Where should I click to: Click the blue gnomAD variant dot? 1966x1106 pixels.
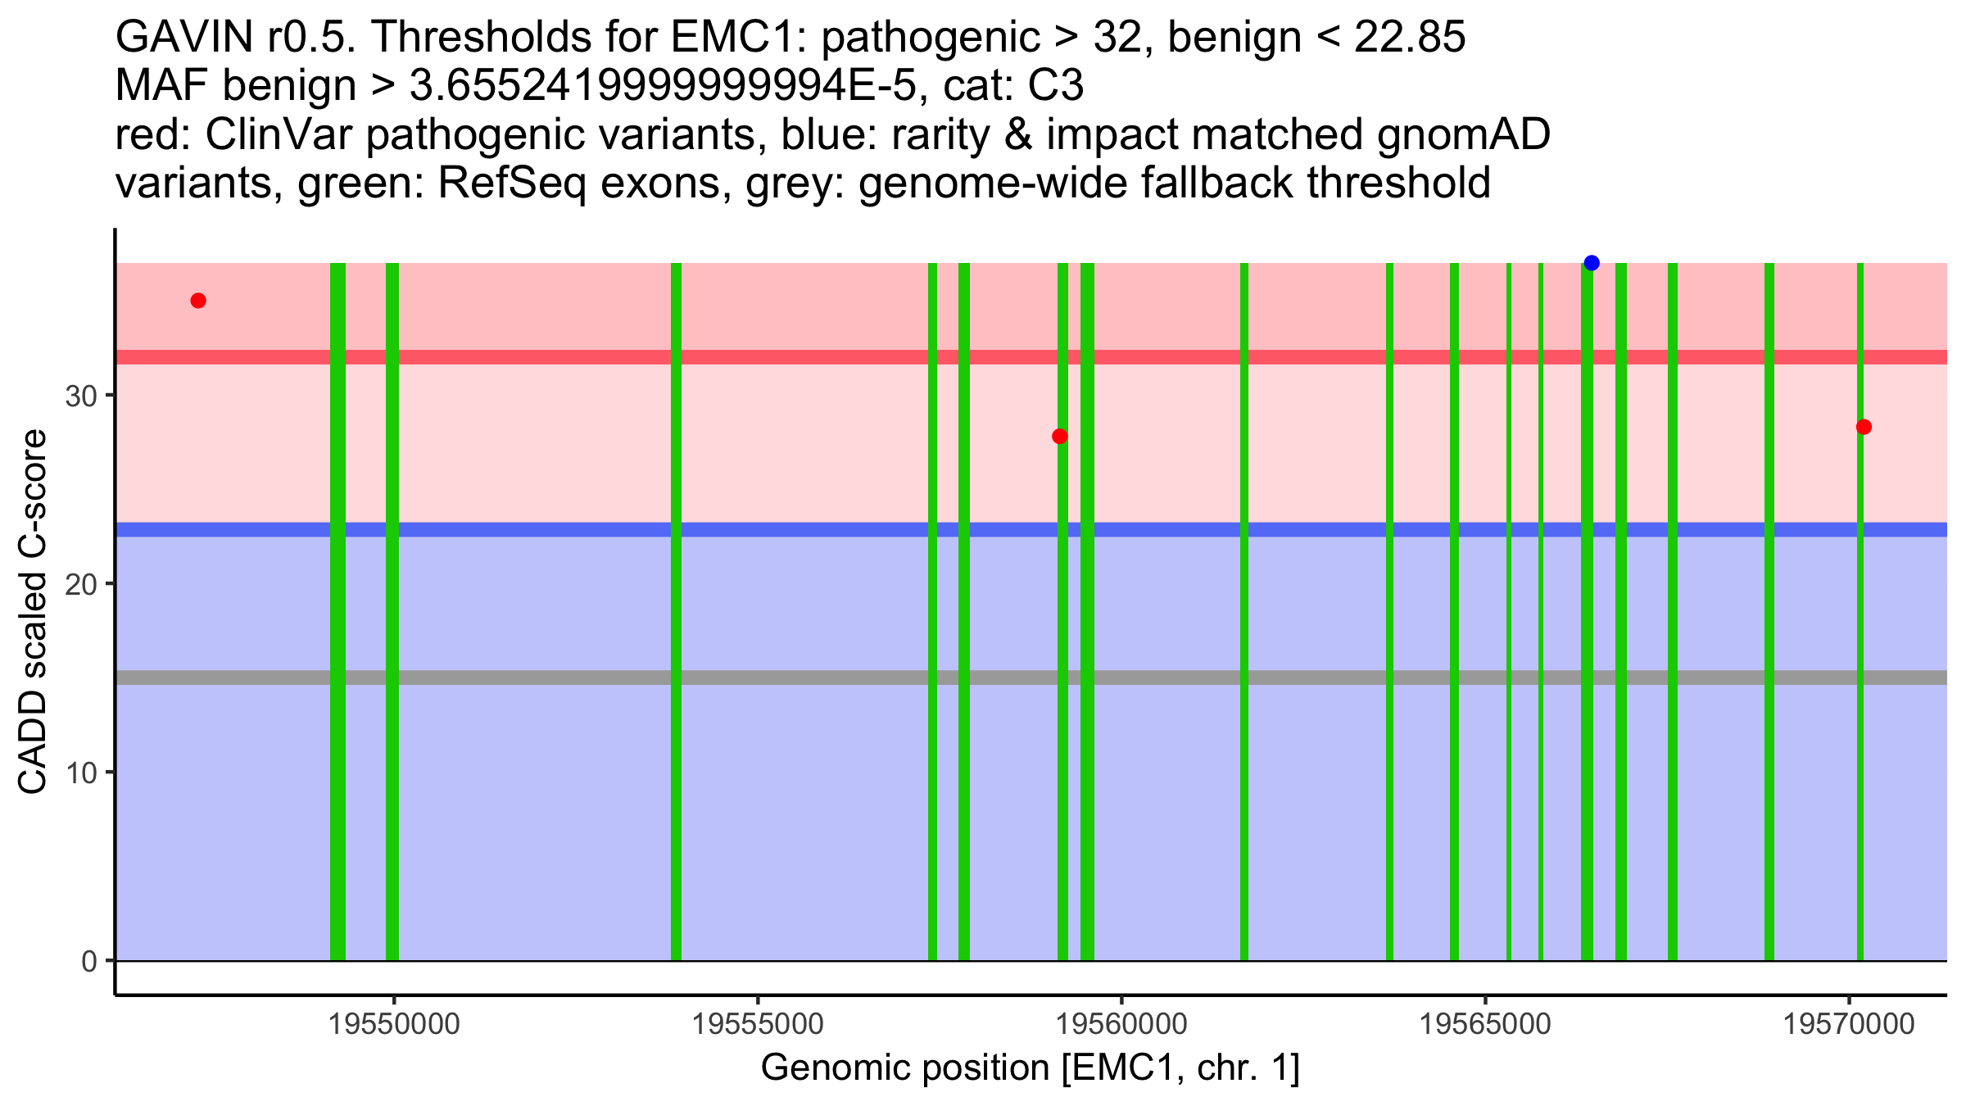[1592, 263]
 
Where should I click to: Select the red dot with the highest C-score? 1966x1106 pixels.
[198, 301]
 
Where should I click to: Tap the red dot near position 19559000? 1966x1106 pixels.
[1059, 436]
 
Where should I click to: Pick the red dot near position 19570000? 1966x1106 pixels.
[1864, 427]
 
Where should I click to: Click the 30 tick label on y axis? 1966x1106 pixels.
[80, 397]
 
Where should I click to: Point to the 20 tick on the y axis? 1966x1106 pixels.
[80, 584]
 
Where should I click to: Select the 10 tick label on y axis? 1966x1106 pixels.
[80, 773]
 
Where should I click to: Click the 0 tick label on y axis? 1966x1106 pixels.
[88, 961]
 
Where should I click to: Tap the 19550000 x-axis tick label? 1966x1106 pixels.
[394, 1024]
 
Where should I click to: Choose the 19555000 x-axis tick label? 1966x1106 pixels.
[758, 1024]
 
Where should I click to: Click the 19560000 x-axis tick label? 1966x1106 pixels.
[1121, 1024]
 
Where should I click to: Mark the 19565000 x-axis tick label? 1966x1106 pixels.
[1485, 1024]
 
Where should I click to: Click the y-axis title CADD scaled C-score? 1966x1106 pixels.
[33, 613]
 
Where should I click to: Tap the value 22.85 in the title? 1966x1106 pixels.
[1409, 37]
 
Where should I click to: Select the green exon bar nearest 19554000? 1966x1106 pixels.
[676, 611]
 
